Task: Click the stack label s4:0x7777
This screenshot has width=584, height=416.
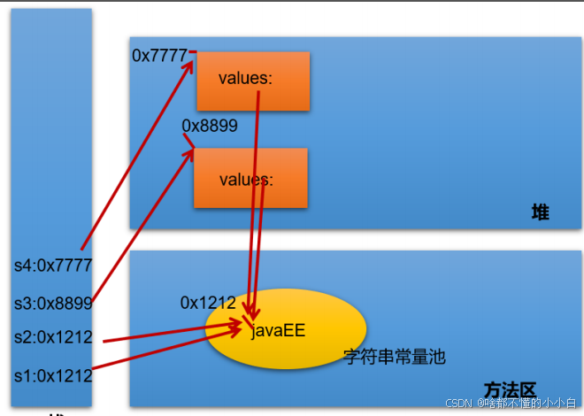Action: tap(52, 265)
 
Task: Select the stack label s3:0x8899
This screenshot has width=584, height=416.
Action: tap(52, 304)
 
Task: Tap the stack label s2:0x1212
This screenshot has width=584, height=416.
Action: tap(52, 337)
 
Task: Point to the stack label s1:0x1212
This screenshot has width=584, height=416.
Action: tap(52, 375)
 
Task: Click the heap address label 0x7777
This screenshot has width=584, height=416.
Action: tap(159, 56)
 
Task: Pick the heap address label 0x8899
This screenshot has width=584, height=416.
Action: tap(210, 126)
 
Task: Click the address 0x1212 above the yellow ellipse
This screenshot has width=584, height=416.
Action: tap(208, 303)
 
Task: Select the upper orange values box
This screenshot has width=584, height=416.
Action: tap(252, 81)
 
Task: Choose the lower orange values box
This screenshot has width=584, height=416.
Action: tap(250, 178)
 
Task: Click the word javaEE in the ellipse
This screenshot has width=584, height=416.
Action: tap(278, 332)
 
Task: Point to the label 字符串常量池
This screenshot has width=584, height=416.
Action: tap(395, 357)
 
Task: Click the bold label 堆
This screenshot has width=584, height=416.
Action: tap(540, 212)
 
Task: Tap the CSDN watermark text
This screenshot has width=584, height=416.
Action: tap(511, 403)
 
